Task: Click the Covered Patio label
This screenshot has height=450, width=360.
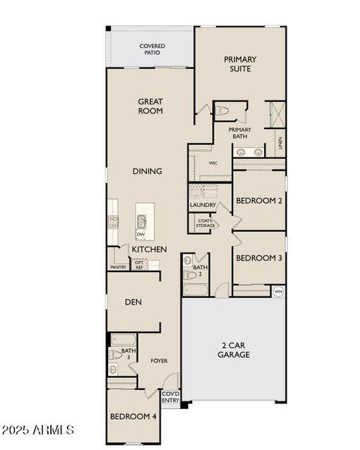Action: click(152, 50)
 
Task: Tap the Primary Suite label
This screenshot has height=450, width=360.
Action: click(240, 64)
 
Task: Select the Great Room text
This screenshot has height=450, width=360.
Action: click(150, 106)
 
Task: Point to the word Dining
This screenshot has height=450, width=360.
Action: click(148, 171)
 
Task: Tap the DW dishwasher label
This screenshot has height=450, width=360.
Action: click(140, 235)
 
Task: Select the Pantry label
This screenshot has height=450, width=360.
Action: click(118, 267)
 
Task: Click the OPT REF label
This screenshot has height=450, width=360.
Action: click(139, 265)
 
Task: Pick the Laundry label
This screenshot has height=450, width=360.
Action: click(202, 205)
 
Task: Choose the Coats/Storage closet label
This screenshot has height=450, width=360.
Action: click(205, 223)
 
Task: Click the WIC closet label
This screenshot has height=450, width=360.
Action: click(213, 162)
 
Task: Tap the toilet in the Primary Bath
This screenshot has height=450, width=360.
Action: click(223, 111)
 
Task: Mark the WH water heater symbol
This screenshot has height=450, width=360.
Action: click(278, 291)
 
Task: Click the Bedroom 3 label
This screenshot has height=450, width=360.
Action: click(259, 258)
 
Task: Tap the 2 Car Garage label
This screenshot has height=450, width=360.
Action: click(234, 349)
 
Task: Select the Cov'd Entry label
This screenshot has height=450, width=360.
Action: click(170, 397)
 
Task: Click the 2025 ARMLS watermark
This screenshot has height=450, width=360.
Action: click(37, 430)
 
